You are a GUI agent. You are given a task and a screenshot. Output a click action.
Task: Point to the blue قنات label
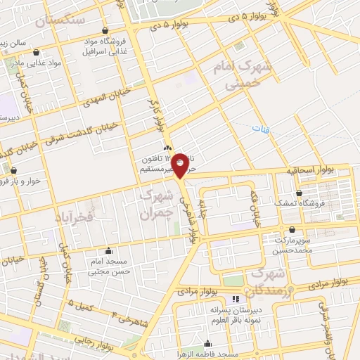pyautogui.click(x=261, y=129)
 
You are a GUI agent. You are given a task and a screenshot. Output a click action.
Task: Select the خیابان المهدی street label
pyautogui.click(x=101, y=103)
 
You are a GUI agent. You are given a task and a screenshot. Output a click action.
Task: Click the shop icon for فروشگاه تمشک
pyautogui.click(x=300, y=193)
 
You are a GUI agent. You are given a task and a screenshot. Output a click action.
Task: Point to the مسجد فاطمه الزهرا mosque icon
pyautogui.click(x=207, y=345)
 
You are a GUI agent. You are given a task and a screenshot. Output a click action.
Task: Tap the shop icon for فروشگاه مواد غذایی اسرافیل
pyautogui.click(x=105, y=32)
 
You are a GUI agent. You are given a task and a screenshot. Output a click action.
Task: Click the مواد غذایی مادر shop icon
pyautogui.click(x=36, y=52)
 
